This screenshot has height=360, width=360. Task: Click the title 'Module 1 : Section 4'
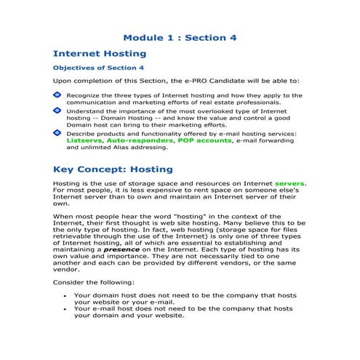(180, 37)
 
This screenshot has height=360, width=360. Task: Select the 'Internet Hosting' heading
(100, 53)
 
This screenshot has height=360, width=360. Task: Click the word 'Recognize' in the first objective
(85, 95)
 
